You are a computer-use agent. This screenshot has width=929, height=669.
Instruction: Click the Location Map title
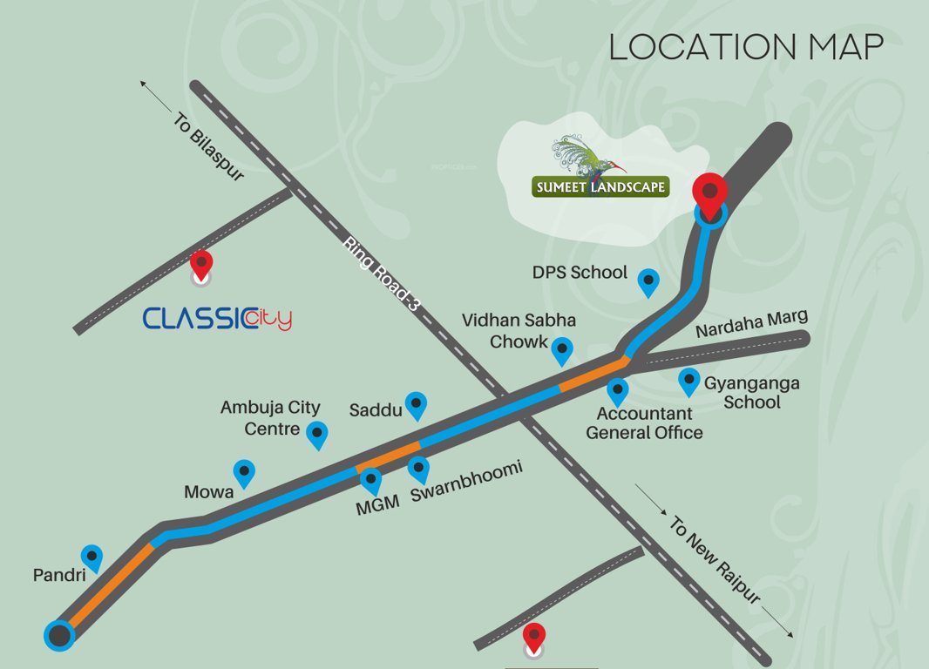[746, 47]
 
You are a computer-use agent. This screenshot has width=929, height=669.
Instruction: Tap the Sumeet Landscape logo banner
[600, 186]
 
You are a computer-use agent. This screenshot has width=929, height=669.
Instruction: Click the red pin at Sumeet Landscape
[710, 194]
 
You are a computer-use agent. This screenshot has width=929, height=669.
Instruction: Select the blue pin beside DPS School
[648, 281]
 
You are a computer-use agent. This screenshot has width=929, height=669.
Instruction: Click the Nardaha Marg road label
[751, 323]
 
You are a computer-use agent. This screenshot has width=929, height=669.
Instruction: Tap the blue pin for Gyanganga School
[688, 381]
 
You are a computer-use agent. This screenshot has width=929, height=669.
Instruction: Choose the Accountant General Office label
[644, 422]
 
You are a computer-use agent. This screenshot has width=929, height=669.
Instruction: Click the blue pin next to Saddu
[417, 403]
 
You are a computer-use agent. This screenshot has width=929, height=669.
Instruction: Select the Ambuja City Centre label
[269, 417]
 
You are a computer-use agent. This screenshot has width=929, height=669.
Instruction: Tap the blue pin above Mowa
[245, 472]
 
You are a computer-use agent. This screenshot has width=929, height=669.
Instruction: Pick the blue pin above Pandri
[92, 557]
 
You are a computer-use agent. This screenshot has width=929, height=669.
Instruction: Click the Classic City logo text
[217, 319]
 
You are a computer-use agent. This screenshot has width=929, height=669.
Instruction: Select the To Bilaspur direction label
[208, 145]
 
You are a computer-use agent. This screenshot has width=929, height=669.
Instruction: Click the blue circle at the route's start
[59, 635]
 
